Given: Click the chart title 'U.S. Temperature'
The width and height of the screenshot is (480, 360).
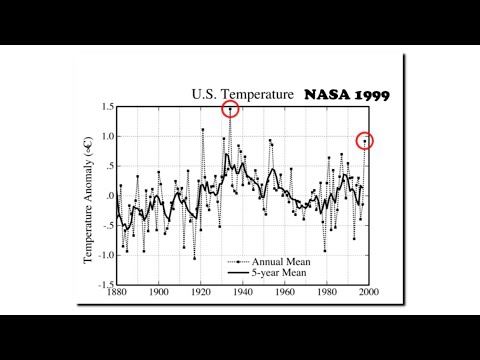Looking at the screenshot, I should pyautogui.click(x=243, y=94).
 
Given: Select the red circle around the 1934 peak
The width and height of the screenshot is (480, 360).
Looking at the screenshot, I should pyautogui.click(x=231, y=109).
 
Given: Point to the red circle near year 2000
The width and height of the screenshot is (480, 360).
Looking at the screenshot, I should pyautogui.click(x=365, y=141).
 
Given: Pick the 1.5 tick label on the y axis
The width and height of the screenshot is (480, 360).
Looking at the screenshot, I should pyautogui.click(x=106, y=106).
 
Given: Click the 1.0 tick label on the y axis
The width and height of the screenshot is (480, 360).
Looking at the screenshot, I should pyautogui.click(x=106, y=136).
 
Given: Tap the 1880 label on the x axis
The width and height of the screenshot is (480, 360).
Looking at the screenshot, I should pyautogui.click(x=116, y=293).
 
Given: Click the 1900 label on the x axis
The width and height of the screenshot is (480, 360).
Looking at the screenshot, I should pyautogui.click(x=158, y=293).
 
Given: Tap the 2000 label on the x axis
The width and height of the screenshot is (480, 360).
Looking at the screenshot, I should pyautogui.click(x=367, y=293).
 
